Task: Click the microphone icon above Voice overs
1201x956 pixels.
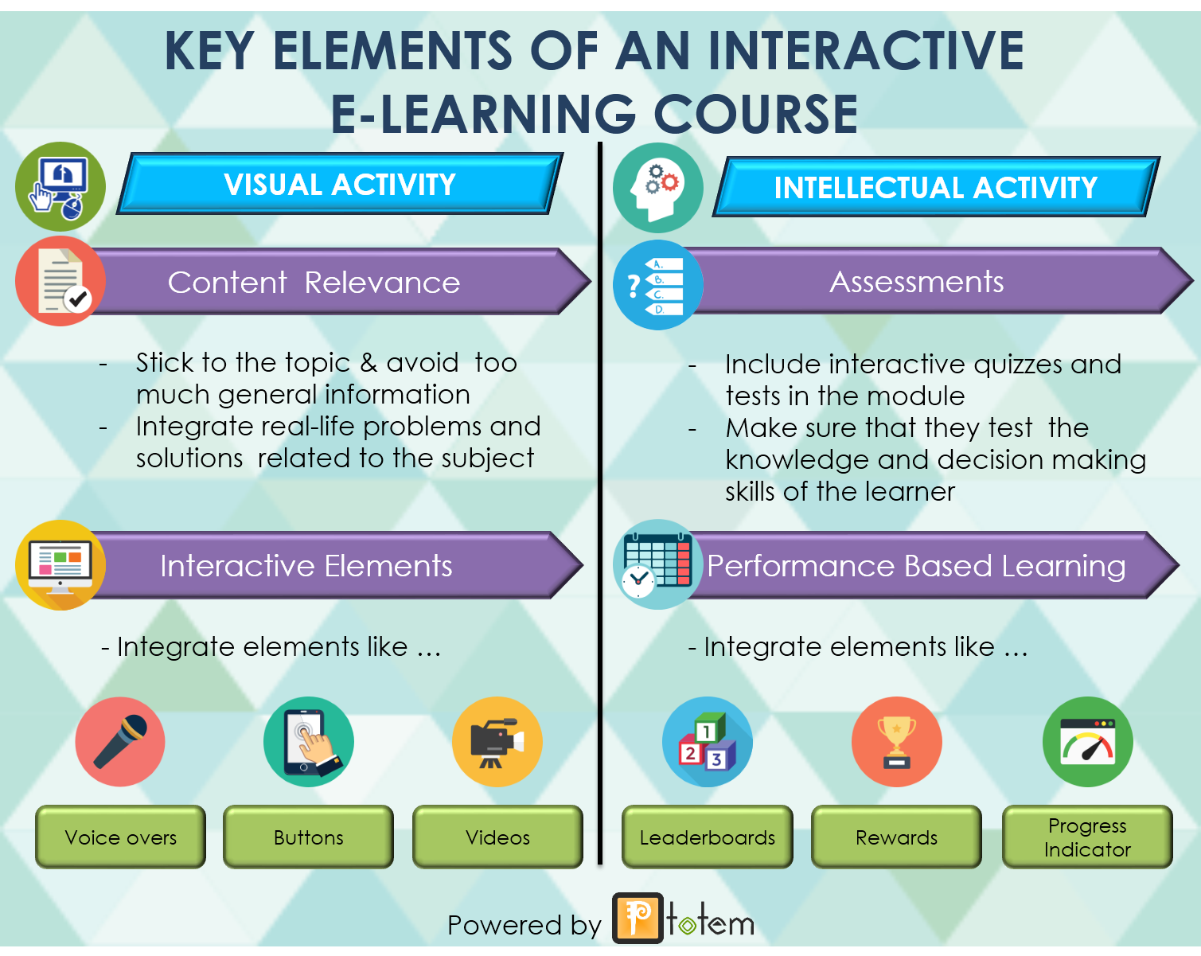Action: point(120,741)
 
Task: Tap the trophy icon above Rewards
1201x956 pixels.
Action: point(896,741)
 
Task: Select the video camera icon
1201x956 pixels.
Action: point(497,741)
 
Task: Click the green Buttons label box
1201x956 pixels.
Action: point(308,837)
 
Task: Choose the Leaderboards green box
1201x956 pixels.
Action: point(707,837)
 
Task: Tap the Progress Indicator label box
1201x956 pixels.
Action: point(1087,837)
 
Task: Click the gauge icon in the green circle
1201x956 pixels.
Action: point(1088,741)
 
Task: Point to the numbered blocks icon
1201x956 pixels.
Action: point(707,741)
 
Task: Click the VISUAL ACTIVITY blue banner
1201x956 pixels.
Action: point(340,184)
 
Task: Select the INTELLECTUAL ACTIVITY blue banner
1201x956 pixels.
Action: point(936,187)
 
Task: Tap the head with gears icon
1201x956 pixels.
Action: point(658,188)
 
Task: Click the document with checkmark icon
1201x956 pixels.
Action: point(60,281)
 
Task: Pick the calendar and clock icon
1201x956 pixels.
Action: point(658,564)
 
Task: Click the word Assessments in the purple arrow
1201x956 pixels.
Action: point(916,282)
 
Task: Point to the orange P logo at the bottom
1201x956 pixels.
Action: point(638,918)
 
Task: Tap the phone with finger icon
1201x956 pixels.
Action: point(309,741)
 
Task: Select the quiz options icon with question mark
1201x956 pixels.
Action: point(658,285)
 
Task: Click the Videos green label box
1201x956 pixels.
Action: point(497,837)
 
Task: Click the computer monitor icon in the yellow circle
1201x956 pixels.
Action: point(60,565)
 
